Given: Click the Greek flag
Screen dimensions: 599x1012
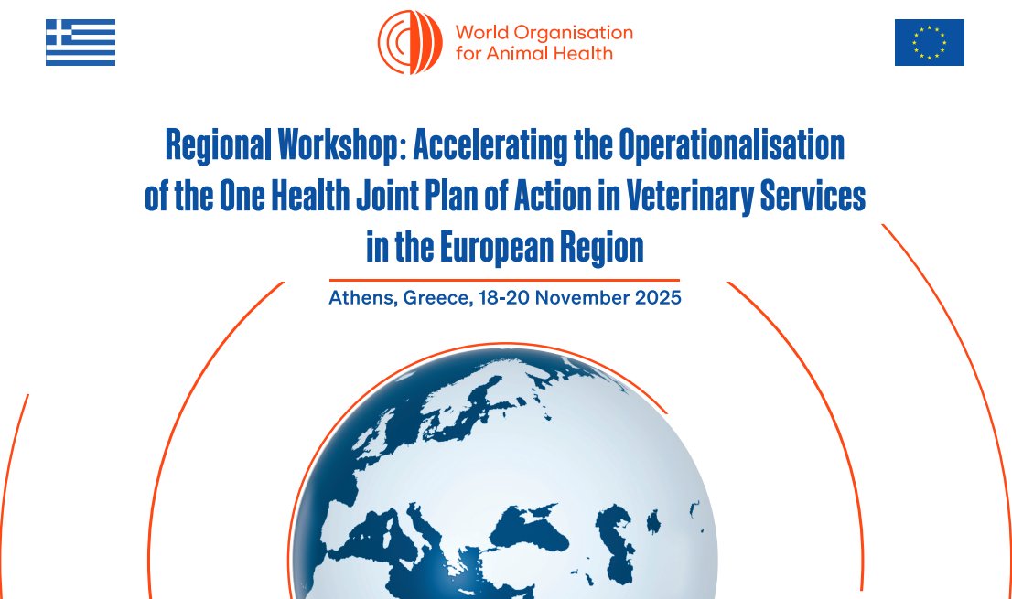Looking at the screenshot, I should tap(81, 42).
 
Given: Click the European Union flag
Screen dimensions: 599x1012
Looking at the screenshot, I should tap(929, 42).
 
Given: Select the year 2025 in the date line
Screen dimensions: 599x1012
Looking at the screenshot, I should tap(658, 298).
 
